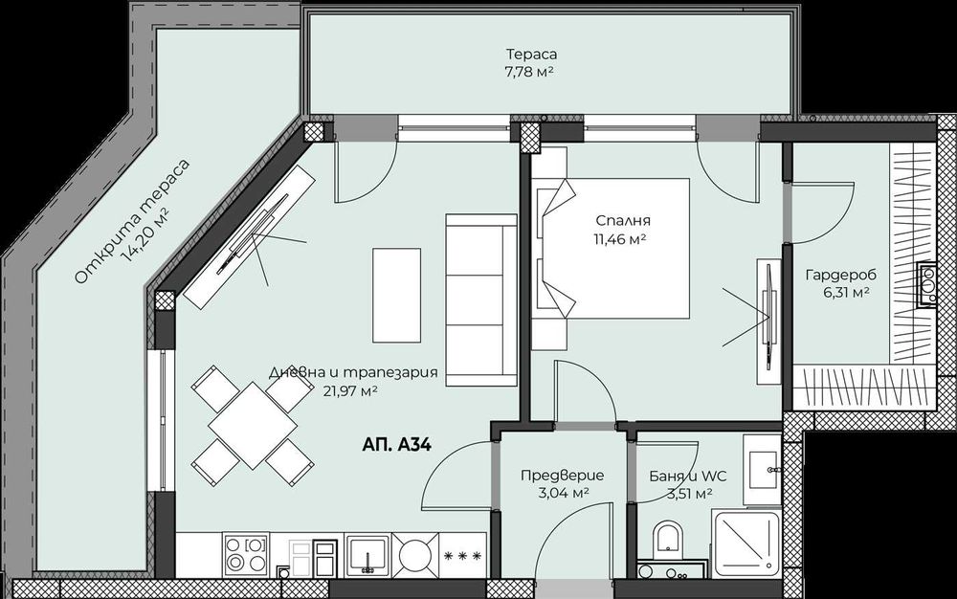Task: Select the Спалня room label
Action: point(614,229)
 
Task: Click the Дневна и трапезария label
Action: point(353,380)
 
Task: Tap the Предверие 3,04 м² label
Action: point(554,483)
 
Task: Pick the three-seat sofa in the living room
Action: point(480,299)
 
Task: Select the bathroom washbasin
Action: point(763,469)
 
